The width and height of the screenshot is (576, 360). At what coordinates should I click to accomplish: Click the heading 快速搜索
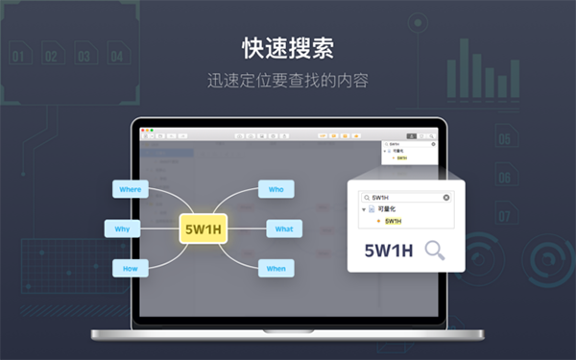click(287, 48)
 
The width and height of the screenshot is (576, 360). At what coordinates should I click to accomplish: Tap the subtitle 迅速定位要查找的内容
click(287, 81)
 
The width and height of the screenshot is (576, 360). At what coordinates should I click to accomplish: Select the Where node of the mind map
click(130, 189)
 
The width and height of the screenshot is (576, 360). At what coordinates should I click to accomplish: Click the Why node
click(121, 229)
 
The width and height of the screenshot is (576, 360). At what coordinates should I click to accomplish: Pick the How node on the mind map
click(130, 269)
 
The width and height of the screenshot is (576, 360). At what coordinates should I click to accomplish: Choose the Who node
click(276, 189)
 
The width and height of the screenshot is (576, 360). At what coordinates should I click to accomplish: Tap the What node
click(284, 229)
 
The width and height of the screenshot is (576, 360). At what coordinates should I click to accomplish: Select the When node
click(276, 269)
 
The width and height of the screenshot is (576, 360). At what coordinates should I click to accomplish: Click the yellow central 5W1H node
click(203, 229)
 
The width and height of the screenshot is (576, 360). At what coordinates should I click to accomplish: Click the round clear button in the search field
click(445, 197)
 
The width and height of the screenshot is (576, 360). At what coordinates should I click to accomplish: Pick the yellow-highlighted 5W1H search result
click(394, 221)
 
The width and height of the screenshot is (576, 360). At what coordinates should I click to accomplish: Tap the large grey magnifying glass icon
click(435, 251)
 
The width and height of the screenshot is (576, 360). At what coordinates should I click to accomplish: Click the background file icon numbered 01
click(18, 55)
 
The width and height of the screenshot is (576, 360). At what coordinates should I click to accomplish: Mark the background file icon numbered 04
click(116, 55)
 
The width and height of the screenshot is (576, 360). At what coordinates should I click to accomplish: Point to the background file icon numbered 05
click(504, 138)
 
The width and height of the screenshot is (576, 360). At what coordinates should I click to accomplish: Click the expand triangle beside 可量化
click(364, 209)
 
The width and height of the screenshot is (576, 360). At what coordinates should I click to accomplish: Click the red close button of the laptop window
click(142, 129)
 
